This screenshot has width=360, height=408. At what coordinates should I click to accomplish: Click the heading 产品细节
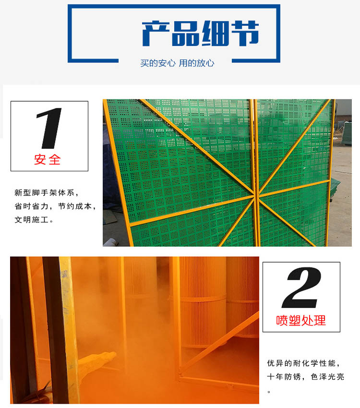[200, 33]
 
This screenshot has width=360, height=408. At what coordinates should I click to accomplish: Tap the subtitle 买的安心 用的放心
[177, 63]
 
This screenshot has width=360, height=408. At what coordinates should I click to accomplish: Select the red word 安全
[48, 159]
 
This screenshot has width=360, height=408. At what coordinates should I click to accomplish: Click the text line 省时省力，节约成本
[55, 206]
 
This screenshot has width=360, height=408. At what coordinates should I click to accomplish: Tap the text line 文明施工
[34, 220]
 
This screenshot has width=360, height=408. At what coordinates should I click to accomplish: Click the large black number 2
[301, 288]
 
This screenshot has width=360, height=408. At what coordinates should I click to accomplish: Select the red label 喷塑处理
[301, 320]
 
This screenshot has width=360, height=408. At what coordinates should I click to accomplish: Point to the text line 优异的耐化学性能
[303, 363]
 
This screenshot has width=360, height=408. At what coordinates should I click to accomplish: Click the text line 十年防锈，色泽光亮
[306, 377]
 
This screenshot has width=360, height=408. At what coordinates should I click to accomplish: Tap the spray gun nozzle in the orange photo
[110, 355]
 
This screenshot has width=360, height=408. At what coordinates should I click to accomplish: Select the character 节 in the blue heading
[245, 33]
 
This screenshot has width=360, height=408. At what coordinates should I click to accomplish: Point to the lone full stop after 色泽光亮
[269, 391]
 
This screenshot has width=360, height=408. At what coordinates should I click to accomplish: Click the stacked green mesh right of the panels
[346, 133]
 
